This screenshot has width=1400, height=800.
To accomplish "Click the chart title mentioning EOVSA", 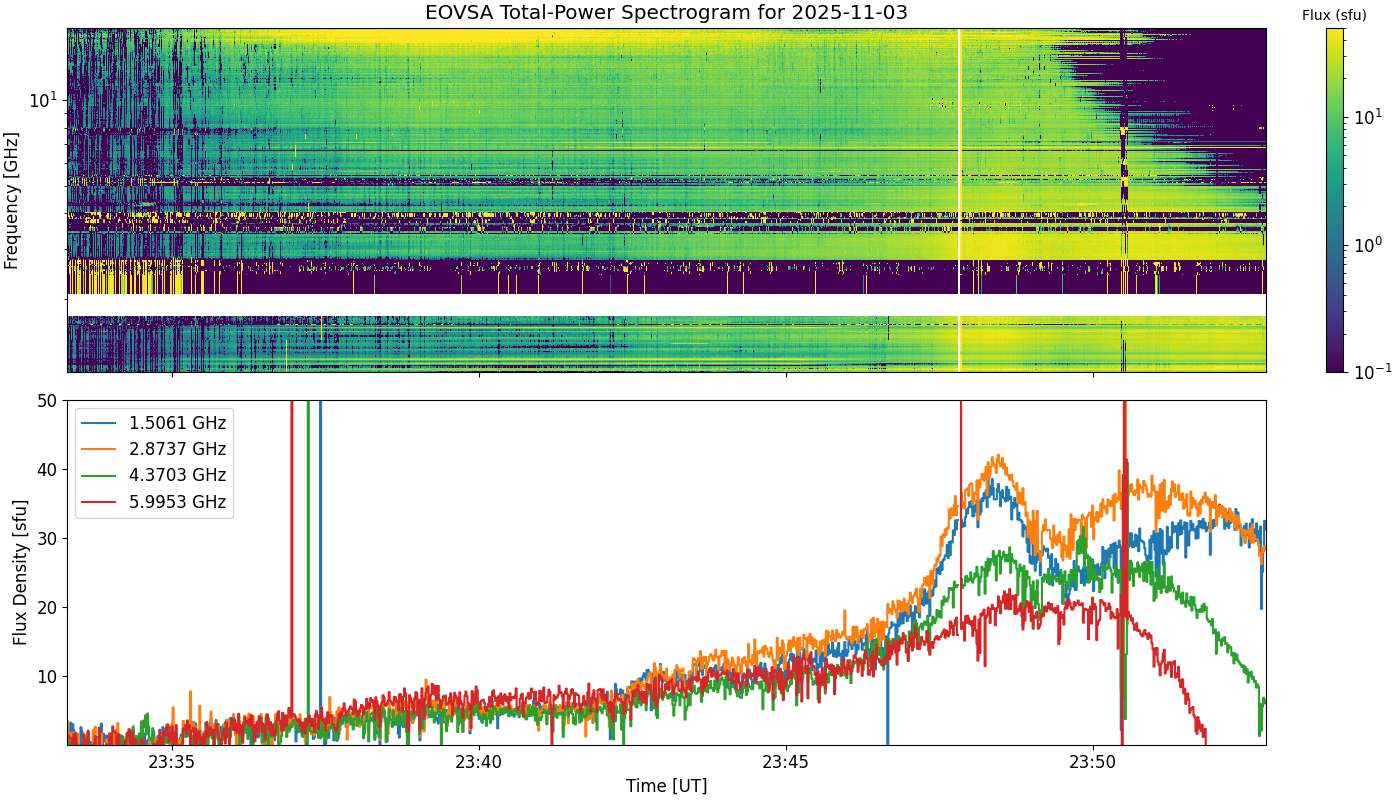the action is pyautogui.click(x=666, y=12).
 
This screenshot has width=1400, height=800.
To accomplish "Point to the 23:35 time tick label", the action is pyautogui.click(x=172, y=762).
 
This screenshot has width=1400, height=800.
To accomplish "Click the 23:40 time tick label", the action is pyautogui.click(x=479, y=762).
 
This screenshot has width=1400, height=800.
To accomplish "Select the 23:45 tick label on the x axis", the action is pyautogui.click(x=786, y=762).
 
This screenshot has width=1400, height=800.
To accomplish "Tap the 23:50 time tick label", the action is pyautogui.click(x=1093, y=762).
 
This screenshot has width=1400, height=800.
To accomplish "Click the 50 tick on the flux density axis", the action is pyautogui.click(x=48, y=401).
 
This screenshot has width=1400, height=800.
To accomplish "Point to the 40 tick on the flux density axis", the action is pyautogui.click(x=48, y=470).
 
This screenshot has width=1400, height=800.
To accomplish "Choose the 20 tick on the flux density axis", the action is pyautogui.click(x=48, y=608).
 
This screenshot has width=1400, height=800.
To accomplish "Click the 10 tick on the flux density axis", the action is pyautogui.click(x=48, y=677).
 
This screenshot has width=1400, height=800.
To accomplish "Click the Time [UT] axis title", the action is pyautogui.click(x=666, y=786).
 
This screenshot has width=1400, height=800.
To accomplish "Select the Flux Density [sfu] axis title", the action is pyautogui.click(x=19, y=572).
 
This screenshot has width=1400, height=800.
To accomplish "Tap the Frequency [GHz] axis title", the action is pyautogui.click(x=11, y=201).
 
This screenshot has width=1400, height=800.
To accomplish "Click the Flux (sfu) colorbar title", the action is pyautogui.click(x=1334, y=16).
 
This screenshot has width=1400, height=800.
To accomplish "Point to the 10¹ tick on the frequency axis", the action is pyautogui.click(x=43, y=99).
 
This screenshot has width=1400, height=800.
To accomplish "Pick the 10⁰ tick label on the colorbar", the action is pyautogui.click(x=1369, y=244).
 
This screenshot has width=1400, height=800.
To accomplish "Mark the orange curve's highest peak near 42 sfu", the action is pyautogui.click(x=999, y=456).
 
